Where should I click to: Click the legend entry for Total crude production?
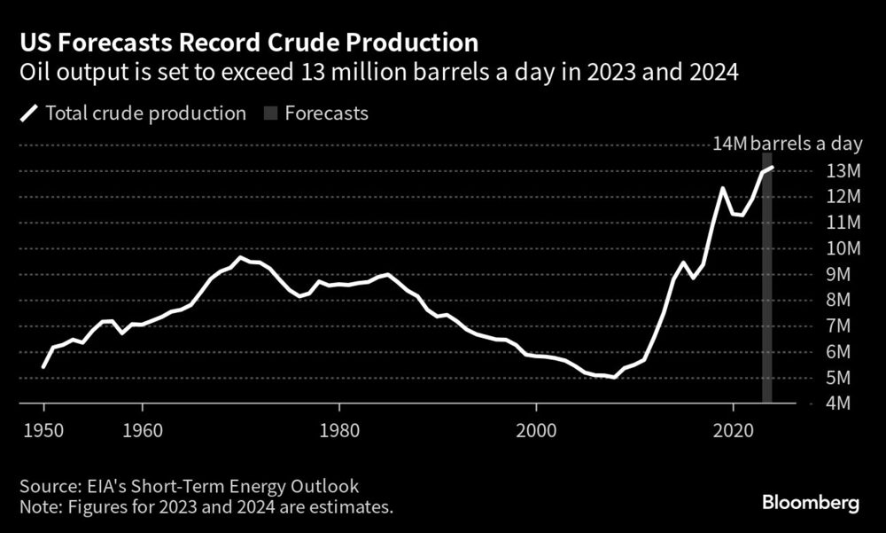click(x=133, y=113)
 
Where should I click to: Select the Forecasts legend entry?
click(x=315, y=113)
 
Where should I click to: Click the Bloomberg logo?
click(x=811, y=503)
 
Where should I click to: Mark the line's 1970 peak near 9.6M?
click(x=239, y=258)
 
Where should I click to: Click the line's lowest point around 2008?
click(x=614, y=377)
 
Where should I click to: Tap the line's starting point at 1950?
click(x=43, y=365)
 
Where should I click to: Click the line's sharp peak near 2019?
click(x=723, y=188)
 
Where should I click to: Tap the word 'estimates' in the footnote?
click(x=354, y=507)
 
